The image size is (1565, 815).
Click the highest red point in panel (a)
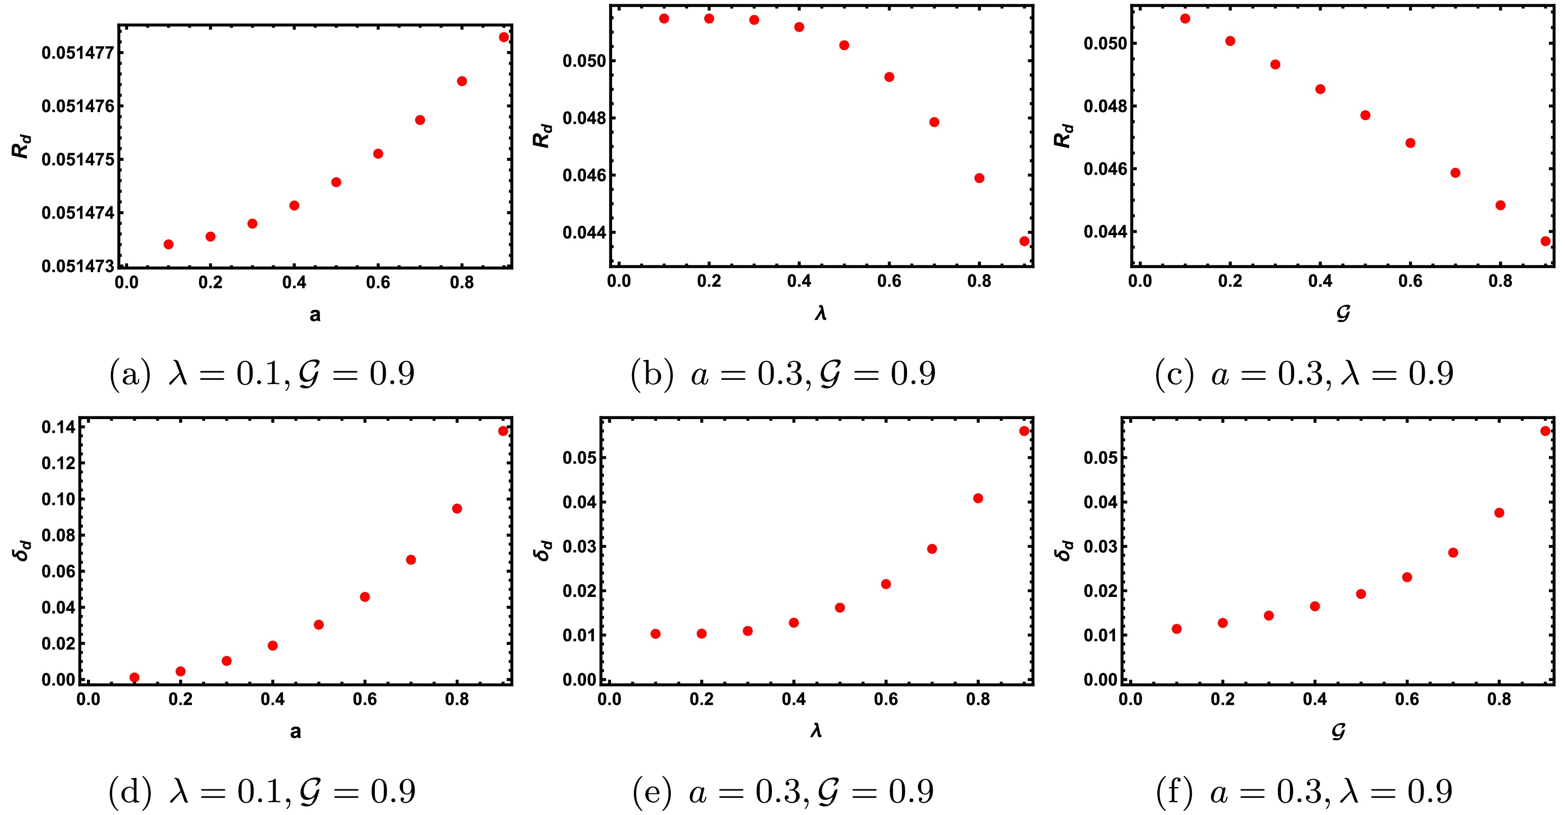[x=504, y=37]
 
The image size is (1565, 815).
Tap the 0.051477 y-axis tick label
[x=78, y=53]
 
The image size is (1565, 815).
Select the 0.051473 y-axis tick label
[x=78, y=266]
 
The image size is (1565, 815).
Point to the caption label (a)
[x=130, y=373]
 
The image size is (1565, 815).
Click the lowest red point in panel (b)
[x=1024, y=241]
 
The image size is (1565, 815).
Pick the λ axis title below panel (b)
[x=821, y=313]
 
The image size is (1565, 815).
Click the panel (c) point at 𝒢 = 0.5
[x=1365, y=115]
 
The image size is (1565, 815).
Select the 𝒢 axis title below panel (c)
[x=1343, y=314]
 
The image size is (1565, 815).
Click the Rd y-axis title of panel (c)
[x=1063, y=136]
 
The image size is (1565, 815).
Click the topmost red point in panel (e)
[x=1024, y=431]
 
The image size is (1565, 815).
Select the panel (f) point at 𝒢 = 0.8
[x=1499, y=513]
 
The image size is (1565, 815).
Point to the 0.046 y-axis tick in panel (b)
[x=584, y=175]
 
